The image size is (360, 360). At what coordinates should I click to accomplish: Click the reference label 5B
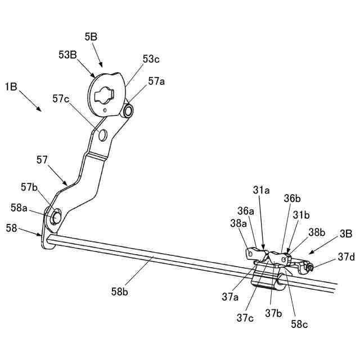click(x=92, y=37)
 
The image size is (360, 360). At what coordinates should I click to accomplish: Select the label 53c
click(x=151, y=58)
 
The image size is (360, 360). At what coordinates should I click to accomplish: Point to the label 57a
click(x=157, y=81)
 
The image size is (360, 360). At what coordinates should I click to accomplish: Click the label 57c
click(x=60, y=99)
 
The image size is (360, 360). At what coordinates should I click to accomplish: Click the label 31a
click(x=261, y=191)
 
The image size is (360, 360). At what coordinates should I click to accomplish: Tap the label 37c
click(x=245, y=318)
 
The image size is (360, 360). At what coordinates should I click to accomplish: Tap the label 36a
click(x=245, y=211)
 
